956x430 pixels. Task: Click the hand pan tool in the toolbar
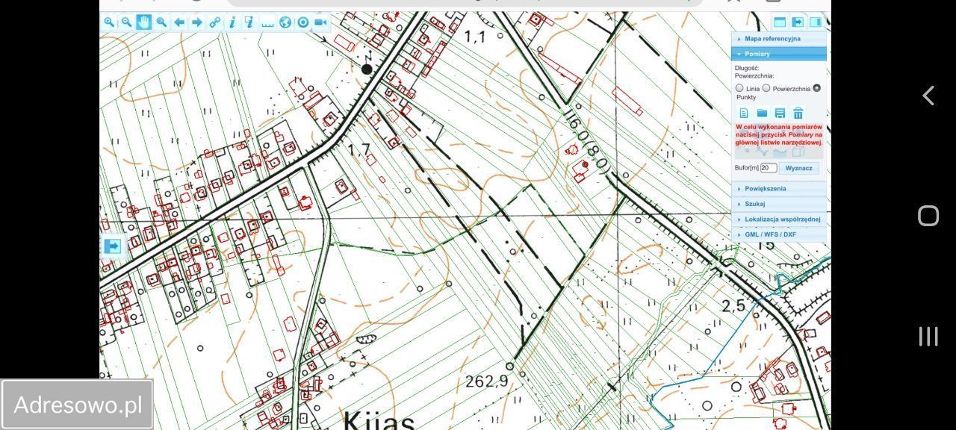click(143, 22)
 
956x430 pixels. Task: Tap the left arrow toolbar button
click(179, 22)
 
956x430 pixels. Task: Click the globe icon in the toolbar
click(285, 22)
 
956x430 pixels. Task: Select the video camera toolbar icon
click(321, 22)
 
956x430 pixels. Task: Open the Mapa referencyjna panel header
click(772, 39)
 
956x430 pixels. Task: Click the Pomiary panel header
click(757, 54)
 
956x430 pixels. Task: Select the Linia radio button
click(739, 88)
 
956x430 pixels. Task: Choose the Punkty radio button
click(816, 88)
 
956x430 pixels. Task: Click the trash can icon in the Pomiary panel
click(798, 113)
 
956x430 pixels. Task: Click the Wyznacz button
click(798, 169)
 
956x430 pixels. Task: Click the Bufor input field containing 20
click(768, 169)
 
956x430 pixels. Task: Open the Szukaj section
click(754, 204)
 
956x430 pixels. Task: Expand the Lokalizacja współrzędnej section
click(782, 219)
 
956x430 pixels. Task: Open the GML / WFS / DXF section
click(770, 234)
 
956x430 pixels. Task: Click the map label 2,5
click(733, 305)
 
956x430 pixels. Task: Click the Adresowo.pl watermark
click(78, 405)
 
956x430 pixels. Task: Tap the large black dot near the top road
click(367, 69)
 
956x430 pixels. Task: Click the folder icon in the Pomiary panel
click(762, 113)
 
